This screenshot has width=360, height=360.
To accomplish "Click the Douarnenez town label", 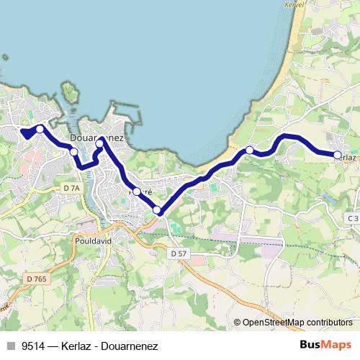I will coord(97,138).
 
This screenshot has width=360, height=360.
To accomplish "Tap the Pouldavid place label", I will coord(91,241).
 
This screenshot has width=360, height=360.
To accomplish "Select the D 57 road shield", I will coord(179,253).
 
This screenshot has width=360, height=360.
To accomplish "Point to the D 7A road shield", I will coord(71,188).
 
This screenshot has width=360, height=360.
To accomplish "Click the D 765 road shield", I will coord(35,279).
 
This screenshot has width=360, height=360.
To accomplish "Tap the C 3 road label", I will coord(352,218).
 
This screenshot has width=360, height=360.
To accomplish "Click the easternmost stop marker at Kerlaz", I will coord(337,155).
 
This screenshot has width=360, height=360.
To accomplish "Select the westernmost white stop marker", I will coord(40,129).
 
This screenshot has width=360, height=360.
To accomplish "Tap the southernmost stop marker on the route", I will coord(157,210).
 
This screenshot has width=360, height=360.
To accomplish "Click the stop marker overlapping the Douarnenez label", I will coord(99,143).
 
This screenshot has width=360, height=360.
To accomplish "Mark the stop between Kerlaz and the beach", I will coord(249,150).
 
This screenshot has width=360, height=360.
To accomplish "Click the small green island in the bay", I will coord(70,91).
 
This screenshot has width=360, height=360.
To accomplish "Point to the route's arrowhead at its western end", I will coord(24,133).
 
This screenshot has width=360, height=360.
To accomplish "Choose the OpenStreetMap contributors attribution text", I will coord(297,323).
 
